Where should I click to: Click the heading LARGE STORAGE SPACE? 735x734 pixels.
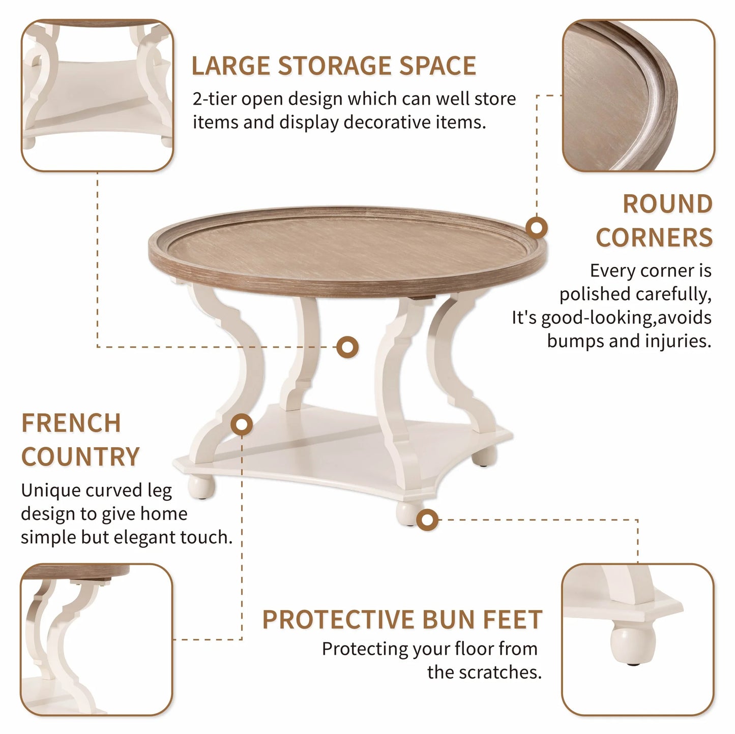click(334, 66)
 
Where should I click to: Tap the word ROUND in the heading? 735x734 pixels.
click(667, 204)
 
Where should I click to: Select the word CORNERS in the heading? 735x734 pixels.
click(654, 237)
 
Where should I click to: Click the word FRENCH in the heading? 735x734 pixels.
click(71, 423)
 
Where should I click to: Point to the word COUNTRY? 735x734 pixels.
click(80, 456)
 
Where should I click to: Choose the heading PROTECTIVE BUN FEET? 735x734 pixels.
click(402, 620)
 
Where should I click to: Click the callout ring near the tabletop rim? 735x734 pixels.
click(536, 227)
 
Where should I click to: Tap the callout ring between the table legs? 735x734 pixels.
click(348, 348)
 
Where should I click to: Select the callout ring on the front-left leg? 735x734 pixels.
click(242, 424)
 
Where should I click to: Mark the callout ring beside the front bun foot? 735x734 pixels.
click(427, 519)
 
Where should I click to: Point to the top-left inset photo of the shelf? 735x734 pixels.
click(97, 95)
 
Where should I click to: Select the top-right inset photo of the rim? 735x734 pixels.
click(638, 95)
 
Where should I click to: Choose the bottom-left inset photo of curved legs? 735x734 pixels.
click(97, 639)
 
